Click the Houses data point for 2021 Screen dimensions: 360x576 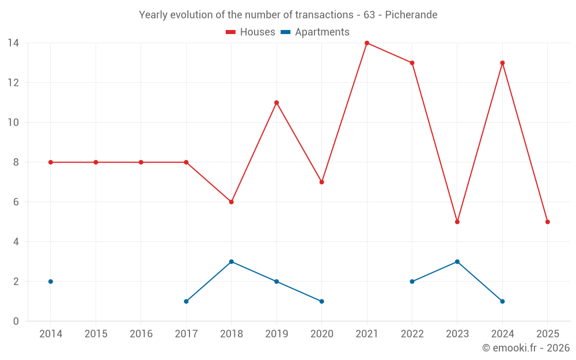[x=367, y=43]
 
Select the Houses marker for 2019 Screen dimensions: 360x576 [x=276, y=103]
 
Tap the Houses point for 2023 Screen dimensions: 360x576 [x=457, y=222]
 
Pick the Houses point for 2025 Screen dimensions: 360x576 [x=548, y=222]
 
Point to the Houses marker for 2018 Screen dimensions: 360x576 [x=232, y=202]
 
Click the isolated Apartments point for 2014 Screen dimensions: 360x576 [x=51, y=282]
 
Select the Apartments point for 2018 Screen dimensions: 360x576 [x=232, y=262]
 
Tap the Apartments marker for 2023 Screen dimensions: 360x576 [x=457, y=262]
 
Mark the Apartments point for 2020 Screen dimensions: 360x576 [x=321, y=301]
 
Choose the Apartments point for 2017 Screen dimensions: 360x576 [x=186, y=301]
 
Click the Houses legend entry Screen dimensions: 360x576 [x=251, y=32]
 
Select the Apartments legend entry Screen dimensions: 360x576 [x=315, y=32]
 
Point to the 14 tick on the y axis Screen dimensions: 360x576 [x=13, y=43]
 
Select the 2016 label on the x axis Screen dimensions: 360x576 [x=141, y=334]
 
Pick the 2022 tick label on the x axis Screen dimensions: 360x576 [x=412, y=334]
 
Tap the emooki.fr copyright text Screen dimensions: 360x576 [x=525, y=348]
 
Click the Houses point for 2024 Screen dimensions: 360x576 [x=502, y=63]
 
